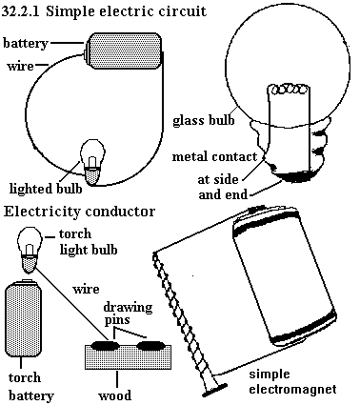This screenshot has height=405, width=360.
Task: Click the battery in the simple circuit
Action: (x=124, y=51)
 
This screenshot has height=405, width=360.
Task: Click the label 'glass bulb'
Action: (x=204, y=120)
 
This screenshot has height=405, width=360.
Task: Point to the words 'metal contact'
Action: (x=214, y=156)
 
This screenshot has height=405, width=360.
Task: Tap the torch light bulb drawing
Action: (x=30, y=250)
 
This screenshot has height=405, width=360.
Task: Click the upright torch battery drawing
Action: (x=24, y=318)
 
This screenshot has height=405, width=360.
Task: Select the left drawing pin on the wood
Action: (x=105, y=345)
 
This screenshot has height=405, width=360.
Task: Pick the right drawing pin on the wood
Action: (x=151, y=345)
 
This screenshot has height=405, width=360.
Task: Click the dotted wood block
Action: (x=128, y=357)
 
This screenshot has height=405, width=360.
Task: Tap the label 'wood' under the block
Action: (x=114, y=395)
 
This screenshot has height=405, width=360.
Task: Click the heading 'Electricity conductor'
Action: (x=79, y=212)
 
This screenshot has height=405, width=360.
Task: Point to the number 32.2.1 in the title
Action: (x=21, y=11)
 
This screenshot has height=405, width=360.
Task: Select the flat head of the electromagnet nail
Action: (x=214, y=390)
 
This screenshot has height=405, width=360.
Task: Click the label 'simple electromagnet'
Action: (x=292, y=381)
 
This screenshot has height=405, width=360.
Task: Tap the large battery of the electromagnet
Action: (x=284, y=276)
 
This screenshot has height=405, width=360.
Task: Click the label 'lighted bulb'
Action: (x=46, y=189)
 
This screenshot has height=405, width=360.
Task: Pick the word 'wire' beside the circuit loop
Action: (x=20, y=66)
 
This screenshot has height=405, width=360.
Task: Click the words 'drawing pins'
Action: (x=128, y=314)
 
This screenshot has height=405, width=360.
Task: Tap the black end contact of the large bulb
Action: (x=297, y=177)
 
